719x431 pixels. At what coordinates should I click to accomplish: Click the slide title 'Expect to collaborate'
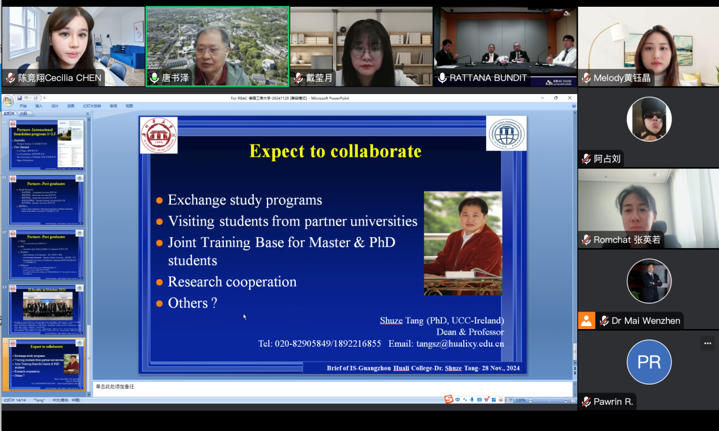click(x=335, y=151)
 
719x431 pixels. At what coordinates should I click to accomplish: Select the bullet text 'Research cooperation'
click(x=232, y=281)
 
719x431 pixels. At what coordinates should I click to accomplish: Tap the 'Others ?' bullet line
click(x=192, y=303)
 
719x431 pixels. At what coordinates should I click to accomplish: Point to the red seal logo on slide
click(x=159, y=135)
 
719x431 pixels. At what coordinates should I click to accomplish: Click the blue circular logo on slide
click(x=506, y=133)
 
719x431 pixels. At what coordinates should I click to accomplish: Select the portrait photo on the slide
click(x=462, y=243)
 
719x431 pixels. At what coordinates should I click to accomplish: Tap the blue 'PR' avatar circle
click(x=649, y=362)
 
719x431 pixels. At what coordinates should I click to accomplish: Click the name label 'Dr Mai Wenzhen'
click(x=645, y=321)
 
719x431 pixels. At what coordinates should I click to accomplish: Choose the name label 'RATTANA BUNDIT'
click(x=488, y=78)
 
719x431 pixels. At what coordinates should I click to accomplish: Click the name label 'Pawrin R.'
click(x=612, y=402)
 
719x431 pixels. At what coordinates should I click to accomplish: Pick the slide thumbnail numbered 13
click(x=48, y=309)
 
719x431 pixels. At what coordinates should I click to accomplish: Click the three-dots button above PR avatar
click(x=707, y=343)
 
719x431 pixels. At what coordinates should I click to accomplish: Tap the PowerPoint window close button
click(x=570, y=98)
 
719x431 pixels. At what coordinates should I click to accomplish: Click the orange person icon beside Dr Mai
click(x=586, y=321)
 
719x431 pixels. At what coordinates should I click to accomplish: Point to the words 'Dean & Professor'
click(x=470, y=332)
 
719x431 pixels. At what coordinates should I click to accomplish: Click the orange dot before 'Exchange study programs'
click(x=160, y=200)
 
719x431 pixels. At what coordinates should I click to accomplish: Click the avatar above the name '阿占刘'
click(x=649, y=119)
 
